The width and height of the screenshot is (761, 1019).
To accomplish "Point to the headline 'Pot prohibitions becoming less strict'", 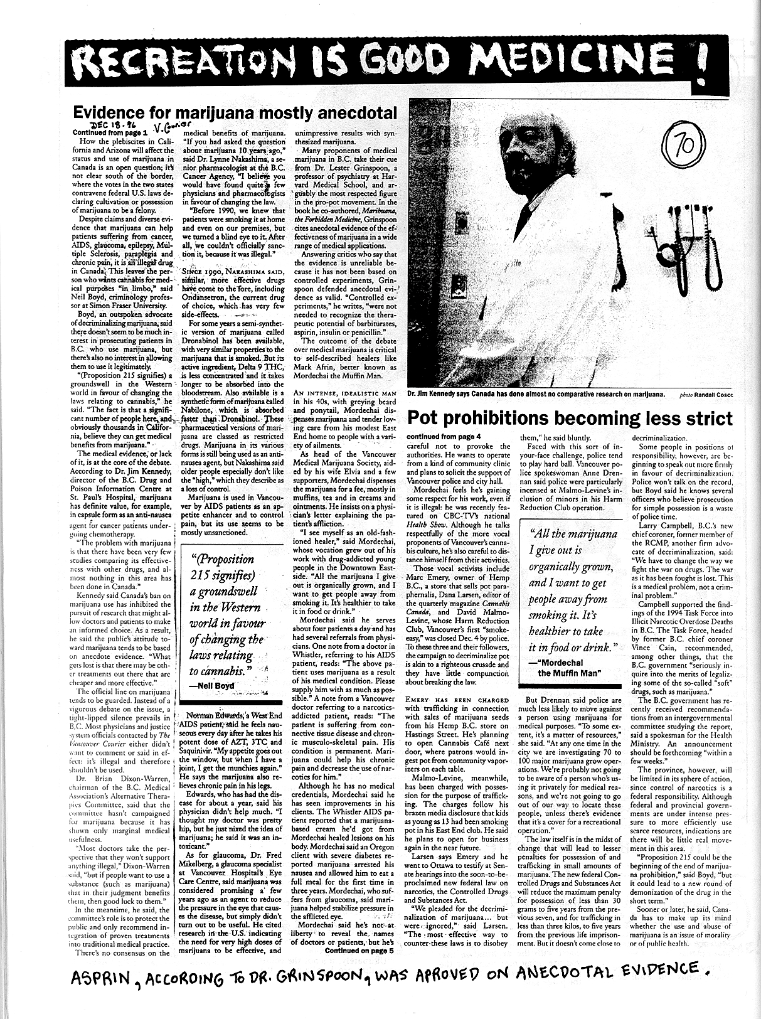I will pyautogui.click(x=570, y=418).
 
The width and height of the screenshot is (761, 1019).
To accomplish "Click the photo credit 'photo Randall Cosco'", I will pyautogui.click(x=706, y=395).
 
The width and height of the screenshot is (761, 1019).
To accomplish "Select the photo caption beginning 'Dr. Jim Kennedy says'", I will pyautogui.click(x=535, y=395).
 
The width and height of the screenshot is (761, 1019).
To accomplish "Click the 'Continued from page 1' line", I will pyautogui.click(x=109, y=133).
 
